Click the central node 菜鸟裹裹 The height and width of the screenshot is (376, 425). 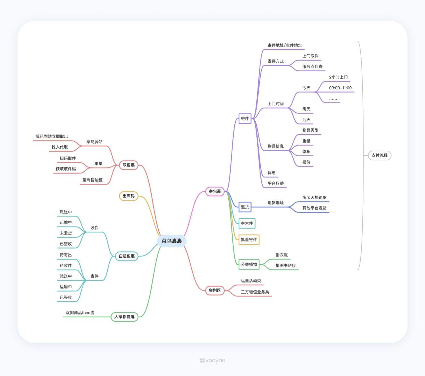pos(172,241)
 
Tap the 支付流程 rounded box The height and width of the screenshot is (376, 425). pos(379,155)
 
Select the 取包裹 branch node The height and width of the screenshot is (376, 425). pos(129,165)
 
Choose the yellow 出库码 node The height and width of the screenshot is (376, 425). pos(129,196)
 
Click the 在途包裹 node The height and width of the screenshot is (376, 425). pos(126,256)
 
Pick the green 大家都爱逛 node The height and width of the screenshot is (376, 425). pos(124,317)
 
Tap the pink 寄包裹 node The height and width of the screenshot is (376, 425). pos(214,191)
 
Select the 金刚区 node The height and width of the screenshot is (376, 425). pos(214,290)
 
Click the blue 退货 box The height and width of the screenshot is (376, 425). pos(245,207)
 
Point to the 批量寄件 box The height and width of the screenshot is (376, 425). pos(249,240)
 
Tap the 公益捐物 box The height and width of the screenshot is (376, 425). pos(249,264)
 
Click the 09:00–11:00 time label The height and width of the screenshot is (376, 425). pos(340,88)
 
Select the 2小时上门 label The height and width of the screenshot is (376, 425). pos(338,77)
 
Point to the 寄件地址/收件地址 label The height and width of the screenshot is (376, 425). pos(285,45)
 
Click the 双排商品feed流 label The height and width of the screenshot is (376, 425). pos(80,313)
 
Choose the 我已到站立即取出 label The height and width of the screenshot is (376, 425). pos(52,136)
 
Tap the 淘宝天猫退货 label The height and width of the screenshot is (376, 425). pos(314,197)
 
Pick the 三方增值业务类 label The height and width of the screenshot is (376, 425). pos(255,292)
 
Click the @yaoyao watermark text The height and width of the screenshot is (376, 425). pos(212,360)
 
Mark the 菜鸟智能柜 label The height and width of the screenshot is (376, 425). pos(92,180)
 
